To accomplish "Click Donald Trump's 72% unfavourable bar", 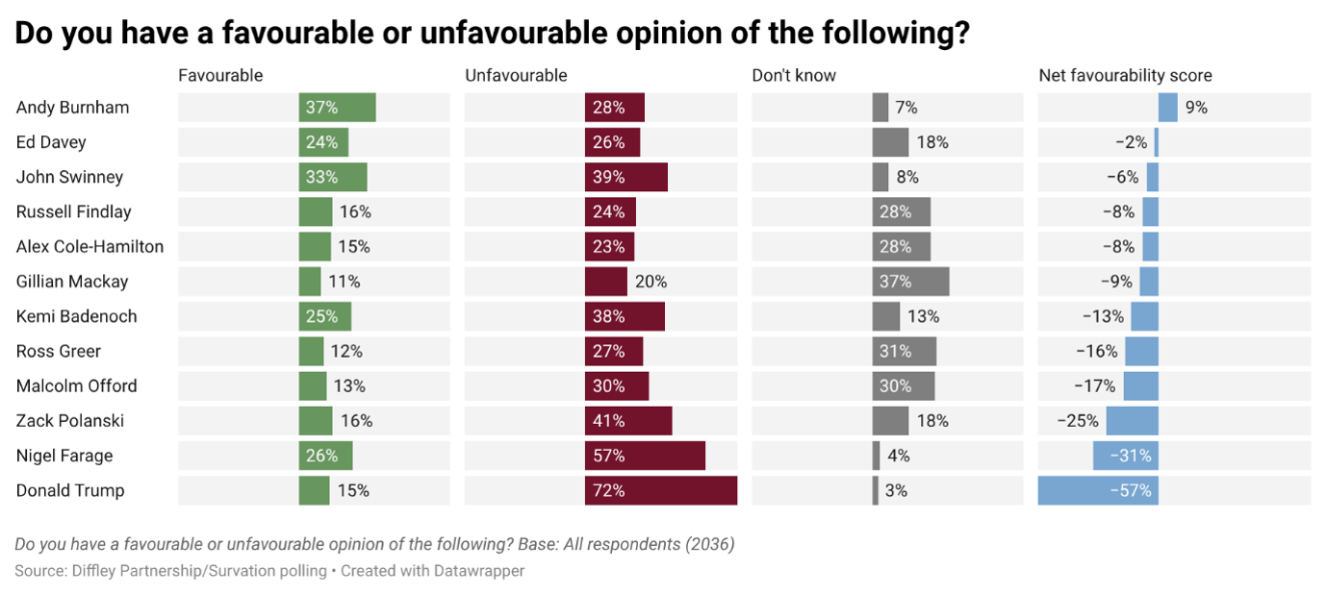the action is [660, 490].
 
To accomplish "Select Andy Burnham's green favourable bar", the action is [337, 107].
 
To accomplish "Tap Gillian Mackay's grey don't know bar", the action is [910, 282].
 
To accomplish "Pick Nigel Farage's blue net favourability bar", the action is [1126, 456].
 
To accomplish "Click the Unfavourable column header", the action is [516, 76].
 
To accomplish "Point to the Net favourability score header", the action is [1126, 76].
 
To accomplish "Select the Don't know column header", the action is [794, 76].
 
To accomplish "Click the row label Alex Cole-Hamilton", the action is [89, 246].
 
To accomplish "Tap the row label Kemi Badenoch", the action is [76, 316].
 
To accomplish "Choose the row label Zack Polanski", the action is [70, 420].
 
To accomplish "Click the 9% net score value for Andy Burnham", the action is [1196, 107].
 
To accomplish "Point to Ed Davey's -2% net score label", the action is [1132, 142].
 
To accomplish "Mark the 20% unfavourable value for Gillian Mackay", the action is [651, 282].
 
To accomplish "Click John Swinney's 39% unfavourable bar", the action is [626, 177].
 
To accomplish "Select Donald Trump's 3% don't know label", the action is [896, 490].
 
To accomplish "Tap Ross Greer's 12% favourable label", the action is [346, 351].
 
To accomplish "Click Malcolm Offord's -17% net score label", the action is [1095, 386].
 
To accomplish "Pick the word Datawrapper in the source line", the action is [478, 571].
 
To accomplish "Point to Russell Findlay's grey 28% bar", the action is [901, 211].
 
